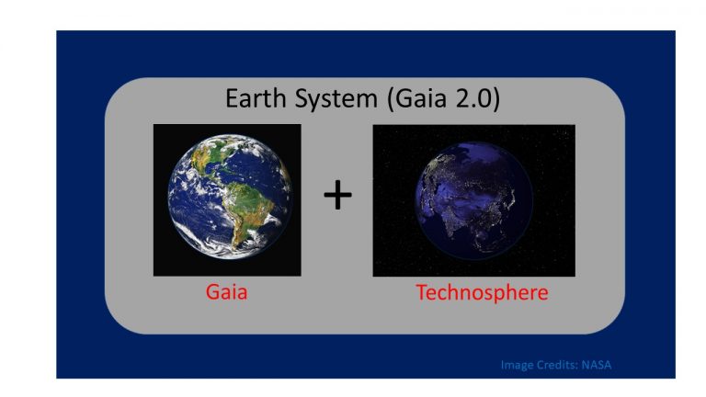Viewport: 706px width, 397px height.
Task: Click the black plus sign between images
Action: (x=337, y=196)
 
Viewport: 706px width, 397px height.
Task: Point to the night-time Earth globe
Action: (x=473, y=200)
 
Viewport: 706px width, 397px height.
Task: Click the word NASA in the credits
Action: (x=597, y=365)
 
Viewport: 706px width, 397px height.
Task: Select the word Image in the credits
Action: (x=518, y=365)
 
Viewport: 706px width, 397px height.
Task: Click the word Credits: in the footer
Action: (x=557, y=365)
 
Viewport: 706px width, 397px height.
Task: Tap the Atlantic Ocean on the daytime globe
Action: (x=271, y=179)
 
